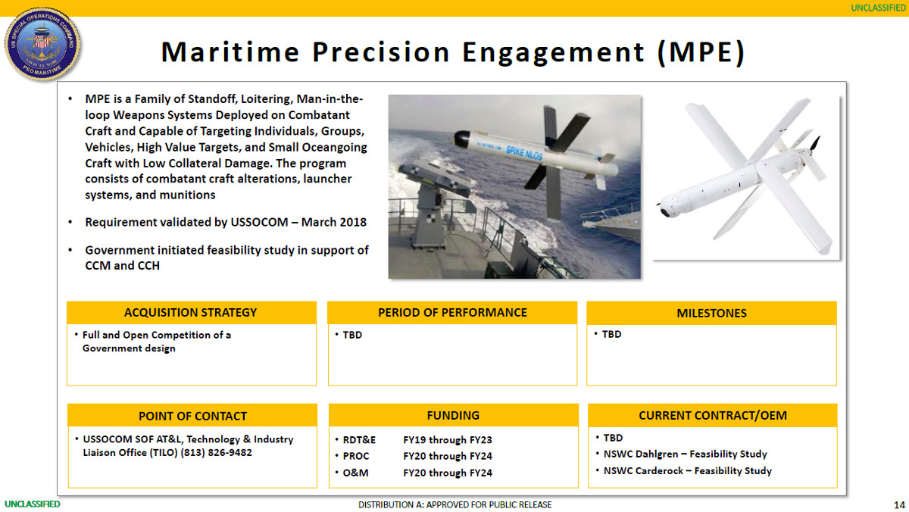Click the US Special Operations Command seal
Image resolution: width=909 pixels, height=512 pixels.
(42, 44)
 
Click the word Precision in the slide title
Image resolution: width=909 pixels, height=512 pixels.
(381, 52)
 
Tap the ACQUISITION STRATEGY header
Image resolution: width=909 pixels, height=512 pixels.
(191, 313)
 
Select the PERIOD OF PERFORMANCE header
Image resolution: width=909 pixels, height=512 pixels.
(452, 313)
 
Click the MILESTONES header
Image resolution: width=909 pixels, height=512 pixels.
(711, 314)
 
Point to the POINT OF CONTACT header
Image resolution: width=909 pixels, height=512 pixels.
(192, 416)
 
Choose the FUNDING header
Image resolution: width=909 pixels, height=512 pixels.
(453, 416)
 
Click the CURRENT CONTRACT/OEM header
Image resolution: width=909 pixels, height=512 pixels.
(713, 416)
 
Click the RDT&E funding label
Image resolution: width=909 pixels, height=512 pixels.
(359, 440)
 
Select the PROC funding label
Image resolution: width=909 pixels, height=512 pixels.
(356, 457)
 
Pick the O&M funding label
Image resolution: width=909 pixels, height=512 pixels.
(355, 473)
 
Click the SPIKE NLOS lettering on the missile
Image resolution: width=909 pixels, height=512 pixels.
(524, 153)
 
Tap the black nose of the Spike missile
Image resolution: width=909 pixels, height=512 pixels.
(461, 139)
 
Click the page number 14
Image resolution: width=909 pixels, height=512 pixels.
(899, 505)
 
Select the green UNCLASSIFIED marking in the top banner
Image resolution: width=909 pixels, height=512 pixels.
(878, 8)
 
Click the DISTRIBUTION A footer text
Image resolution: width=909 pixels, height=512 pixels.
(455, 504)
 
